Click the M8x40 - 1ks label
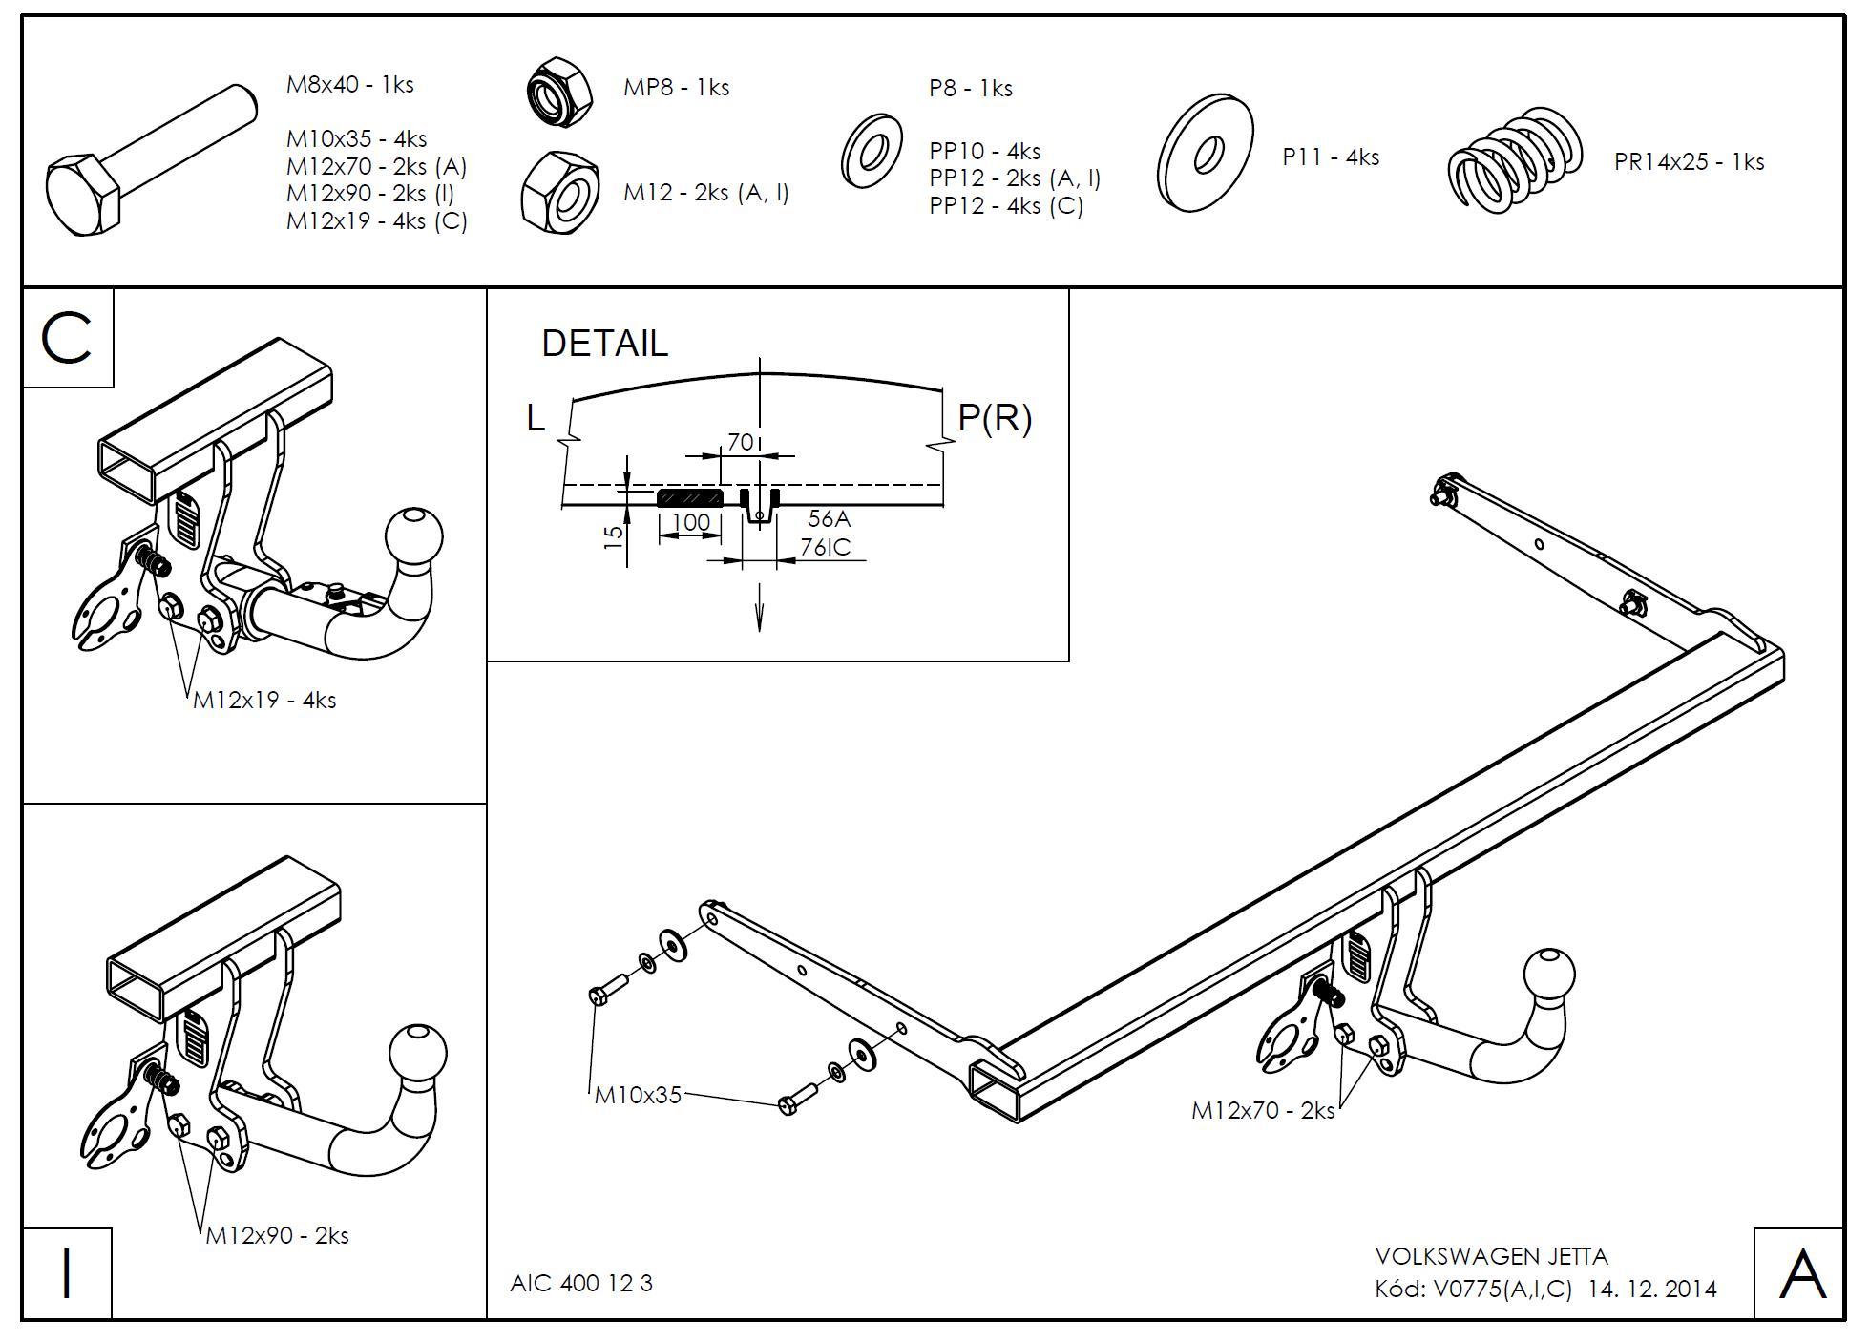(349, 85)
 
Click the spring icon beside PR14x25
(1515, 157)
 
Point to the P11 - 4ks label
(1331, 157)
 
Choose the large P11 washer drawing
(1205, 153)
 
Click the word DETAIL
(604, 344)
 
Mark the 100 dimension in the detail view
(691, 523)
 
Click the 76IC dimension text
(825, 547)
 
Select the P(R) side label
(994, 418)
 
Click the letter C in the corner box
(67, 339)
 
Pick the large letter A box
(1799, 1274)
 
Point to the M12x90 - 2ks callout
(277, 1235)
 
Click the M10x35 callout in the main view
(638, 1095)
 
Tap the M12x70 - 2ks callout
(1262, 1111)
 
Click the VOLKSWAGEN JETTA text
(1491, 1257)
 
